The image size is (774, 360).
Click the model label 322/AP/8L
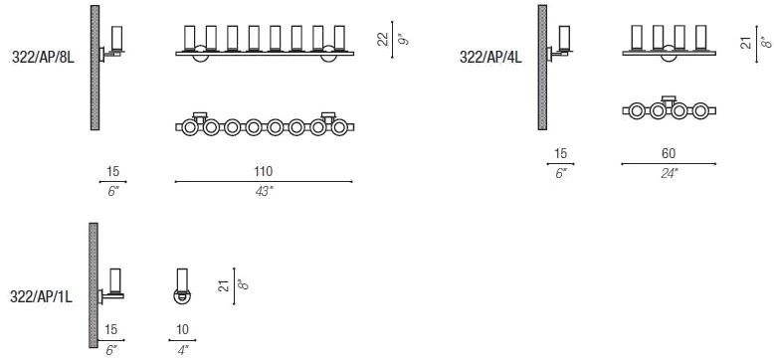42,58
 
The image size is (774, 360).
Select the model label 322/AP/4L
490,58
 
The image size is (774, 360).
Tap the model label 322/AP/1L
42,296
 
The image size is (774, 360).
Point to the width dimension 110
263,172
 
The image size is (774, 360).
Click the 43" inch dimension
264,191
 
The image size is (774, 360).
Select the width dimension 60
669,153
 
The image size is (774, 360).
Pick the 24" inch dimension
669,173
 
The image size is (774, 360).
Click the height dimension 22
383,40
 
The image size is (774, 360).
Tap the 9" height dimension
405,40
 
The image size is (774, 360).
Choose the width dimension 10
182,329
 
